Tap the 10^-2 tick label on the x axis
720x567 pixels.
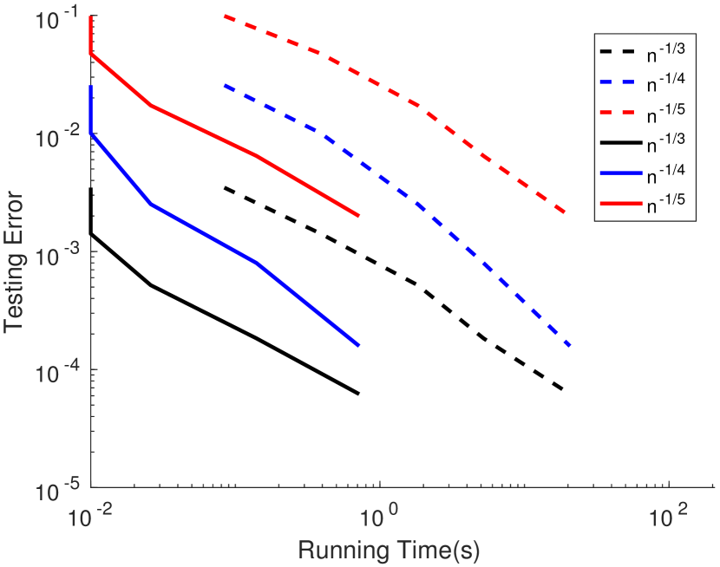91,517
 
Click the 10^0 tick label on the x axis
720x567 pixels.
379,517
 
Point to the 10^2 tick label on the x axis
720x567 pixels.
668,517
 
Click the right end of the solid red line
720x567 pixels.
358,216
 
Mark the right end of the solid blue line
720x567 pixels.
358,345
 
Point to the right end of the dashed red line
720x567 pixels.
566,212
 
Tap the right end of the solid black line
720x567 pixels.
358,394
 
